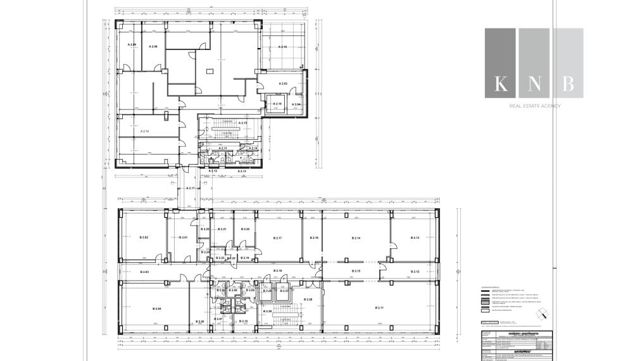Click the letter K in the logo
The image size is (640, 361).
coord(501,83)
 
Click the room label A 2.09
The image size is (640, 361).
coord(132,44)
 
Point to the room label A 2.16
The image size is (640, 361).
coord(282,47)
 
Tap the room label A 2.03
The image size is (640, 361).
coord(283,84)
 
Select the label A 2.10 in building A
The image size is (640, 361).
coord(277,104)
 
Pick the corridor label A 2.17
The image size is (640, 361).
coord(191,189)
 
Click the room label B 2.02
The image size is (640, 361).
coord(144,237)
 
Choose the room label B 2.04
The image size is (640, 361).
coord(157,308)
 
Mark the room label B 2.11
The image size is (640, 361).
coord(379,308)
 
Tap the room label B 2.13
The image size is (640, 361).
coord(415,237)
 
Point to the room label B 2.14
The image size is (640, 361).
coord(356,237)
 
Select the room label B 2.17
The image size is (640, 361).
coord(277,237)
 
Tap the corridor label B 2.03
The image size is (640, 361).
coord(144,272)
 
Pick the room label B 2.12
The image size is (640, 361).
coord(415,272)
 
